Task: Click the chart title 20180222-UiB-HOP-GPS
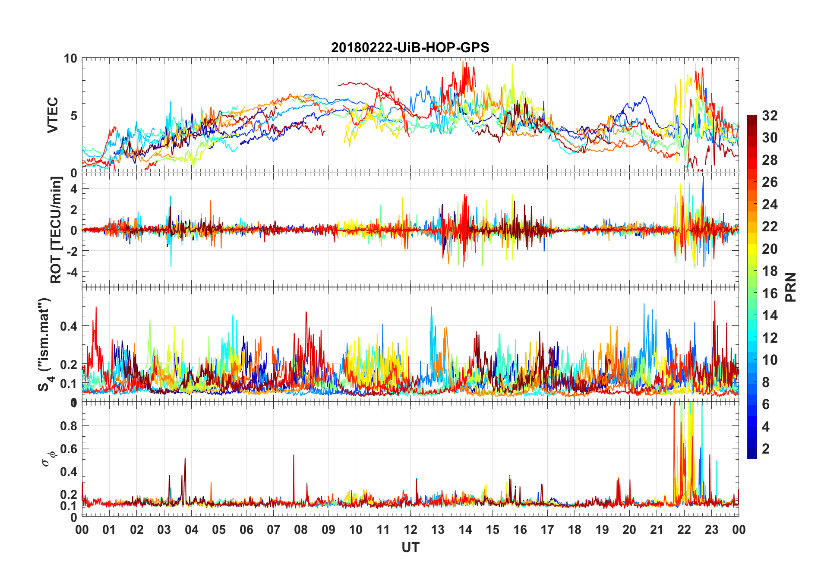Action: [410, 47]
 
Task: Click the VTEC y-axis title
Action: [53, 115]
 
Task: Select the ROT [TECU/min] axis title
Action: [56, 230]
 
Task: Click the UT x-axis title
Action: [410, 547]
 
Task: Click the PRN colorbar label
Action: [790, 287]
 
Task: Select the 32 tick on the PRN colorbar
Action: [770, 116]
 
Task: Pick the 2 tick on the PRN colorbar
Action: [766, 448]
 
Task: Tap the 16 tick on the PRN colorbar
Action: [770, 293]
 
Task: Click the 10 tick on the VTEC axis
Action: [70, 58]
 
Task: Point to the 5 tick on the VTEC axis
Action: [74, 116]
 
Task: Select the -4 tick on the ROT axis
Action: [71, 272]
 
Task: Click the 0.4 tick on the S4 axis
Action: [69, 326]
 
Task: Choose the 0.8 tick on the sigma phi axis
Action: [69, 426]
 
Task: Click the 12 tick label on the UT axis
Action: [410, 530]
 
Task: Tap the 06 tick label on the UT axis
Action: [246, 530]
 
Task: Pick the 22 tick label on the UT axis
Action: [684, 530]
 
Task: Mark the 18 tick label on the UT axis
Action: [575, 530]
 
